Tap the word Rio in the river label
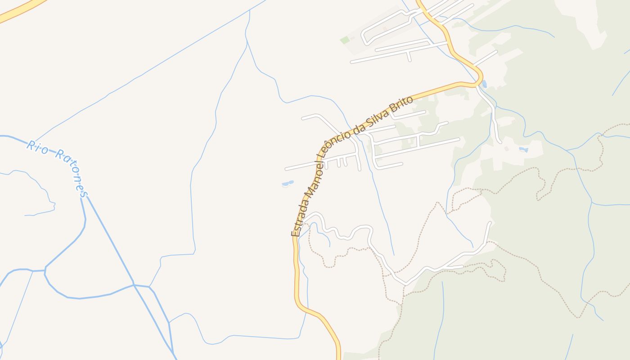click(x=37, y=147)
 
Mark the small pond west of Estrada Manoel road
click(x=287, y=184)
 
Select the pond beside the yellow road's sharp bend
click(x=484, y=84)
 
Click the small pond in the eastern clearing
click(x=523, y=149)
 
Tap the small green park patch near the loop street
click(x=345, y=40)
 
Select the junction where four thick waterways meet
click(x=134, y=285)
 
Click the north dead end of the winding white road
click(x=490, y=223)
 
